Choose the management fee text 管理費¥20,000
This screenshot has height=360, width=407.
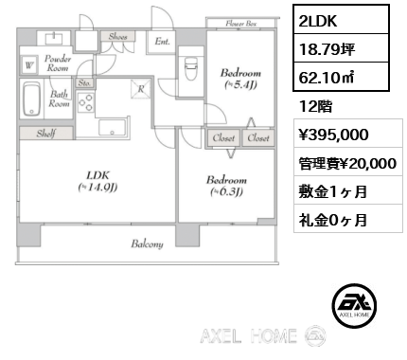click(x=345, y=164)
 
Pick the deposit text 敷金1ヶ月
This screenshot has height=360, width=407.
click(x=329, y=192)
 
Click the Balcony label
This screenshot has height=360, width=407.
click(x=147, y=243)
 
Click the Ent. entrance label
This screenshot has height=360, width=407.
click(x=162, y=41)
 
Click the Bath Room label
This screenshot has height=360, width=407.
click(x=59, y=99)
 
